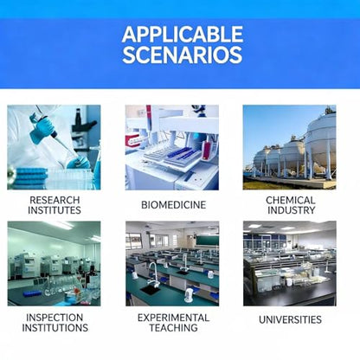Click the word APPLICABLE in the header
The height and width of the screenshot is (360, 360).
(x=183, y=34)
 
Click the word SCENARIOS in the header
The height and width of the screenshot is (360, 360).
(x=183, y=55)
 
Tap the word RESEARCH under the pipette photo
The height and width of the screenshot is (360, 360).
(x=55, y=200)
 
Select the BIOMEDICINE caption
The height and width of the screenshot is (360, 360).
(x=174, y=205)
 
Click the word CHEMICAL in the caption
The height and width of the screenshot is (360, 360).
(x=290, y=200)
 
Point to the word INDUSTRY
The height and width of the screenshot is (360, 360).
(x=291, y=210)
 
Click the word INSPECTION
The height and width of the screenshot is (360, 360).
(x=55, y=318)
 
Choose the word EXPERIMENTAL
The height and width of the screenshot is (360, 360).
(x=173, y=318)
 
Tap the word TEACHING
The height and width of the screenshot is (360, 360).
(x=174, y=328)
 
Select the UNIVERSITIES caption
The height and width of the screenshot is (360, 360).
(x=290, y=319)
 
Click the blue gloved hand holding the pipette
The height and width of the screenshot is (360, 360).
(x=41, y=128)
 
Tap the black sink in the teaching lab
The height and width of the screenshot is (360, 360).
(x=151, y=290)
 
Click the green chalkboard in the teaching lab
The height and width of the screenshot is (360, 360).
(x=208, y=240)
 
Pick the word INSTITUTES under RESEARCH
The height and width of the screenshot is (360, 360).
(x=55, y=210)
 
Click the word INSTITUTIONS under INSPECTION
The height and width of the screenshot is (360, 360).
(x=55, y=328)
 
